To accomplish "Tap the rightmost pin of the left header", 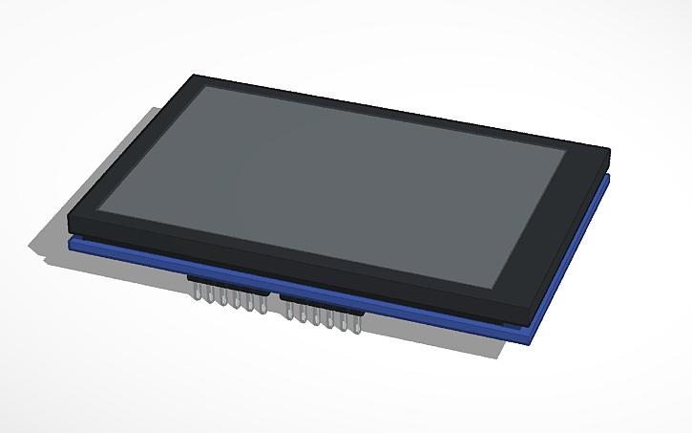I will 262,308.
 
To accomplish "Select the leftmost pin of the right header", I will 290,313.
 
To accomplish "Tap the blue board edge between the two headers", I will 274,291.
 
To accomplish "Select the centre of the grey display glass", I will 334,182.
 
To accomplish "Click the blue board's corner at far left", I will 70,244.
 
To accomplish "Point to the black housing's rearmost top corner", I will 196,76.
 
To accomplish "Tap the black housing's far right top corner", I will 608,150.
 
